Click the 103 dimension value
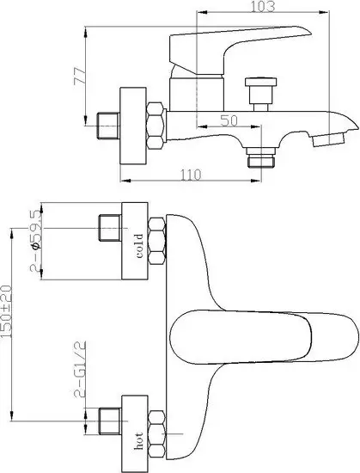click(263, 7)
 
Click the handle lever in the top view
click(266, 331)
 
